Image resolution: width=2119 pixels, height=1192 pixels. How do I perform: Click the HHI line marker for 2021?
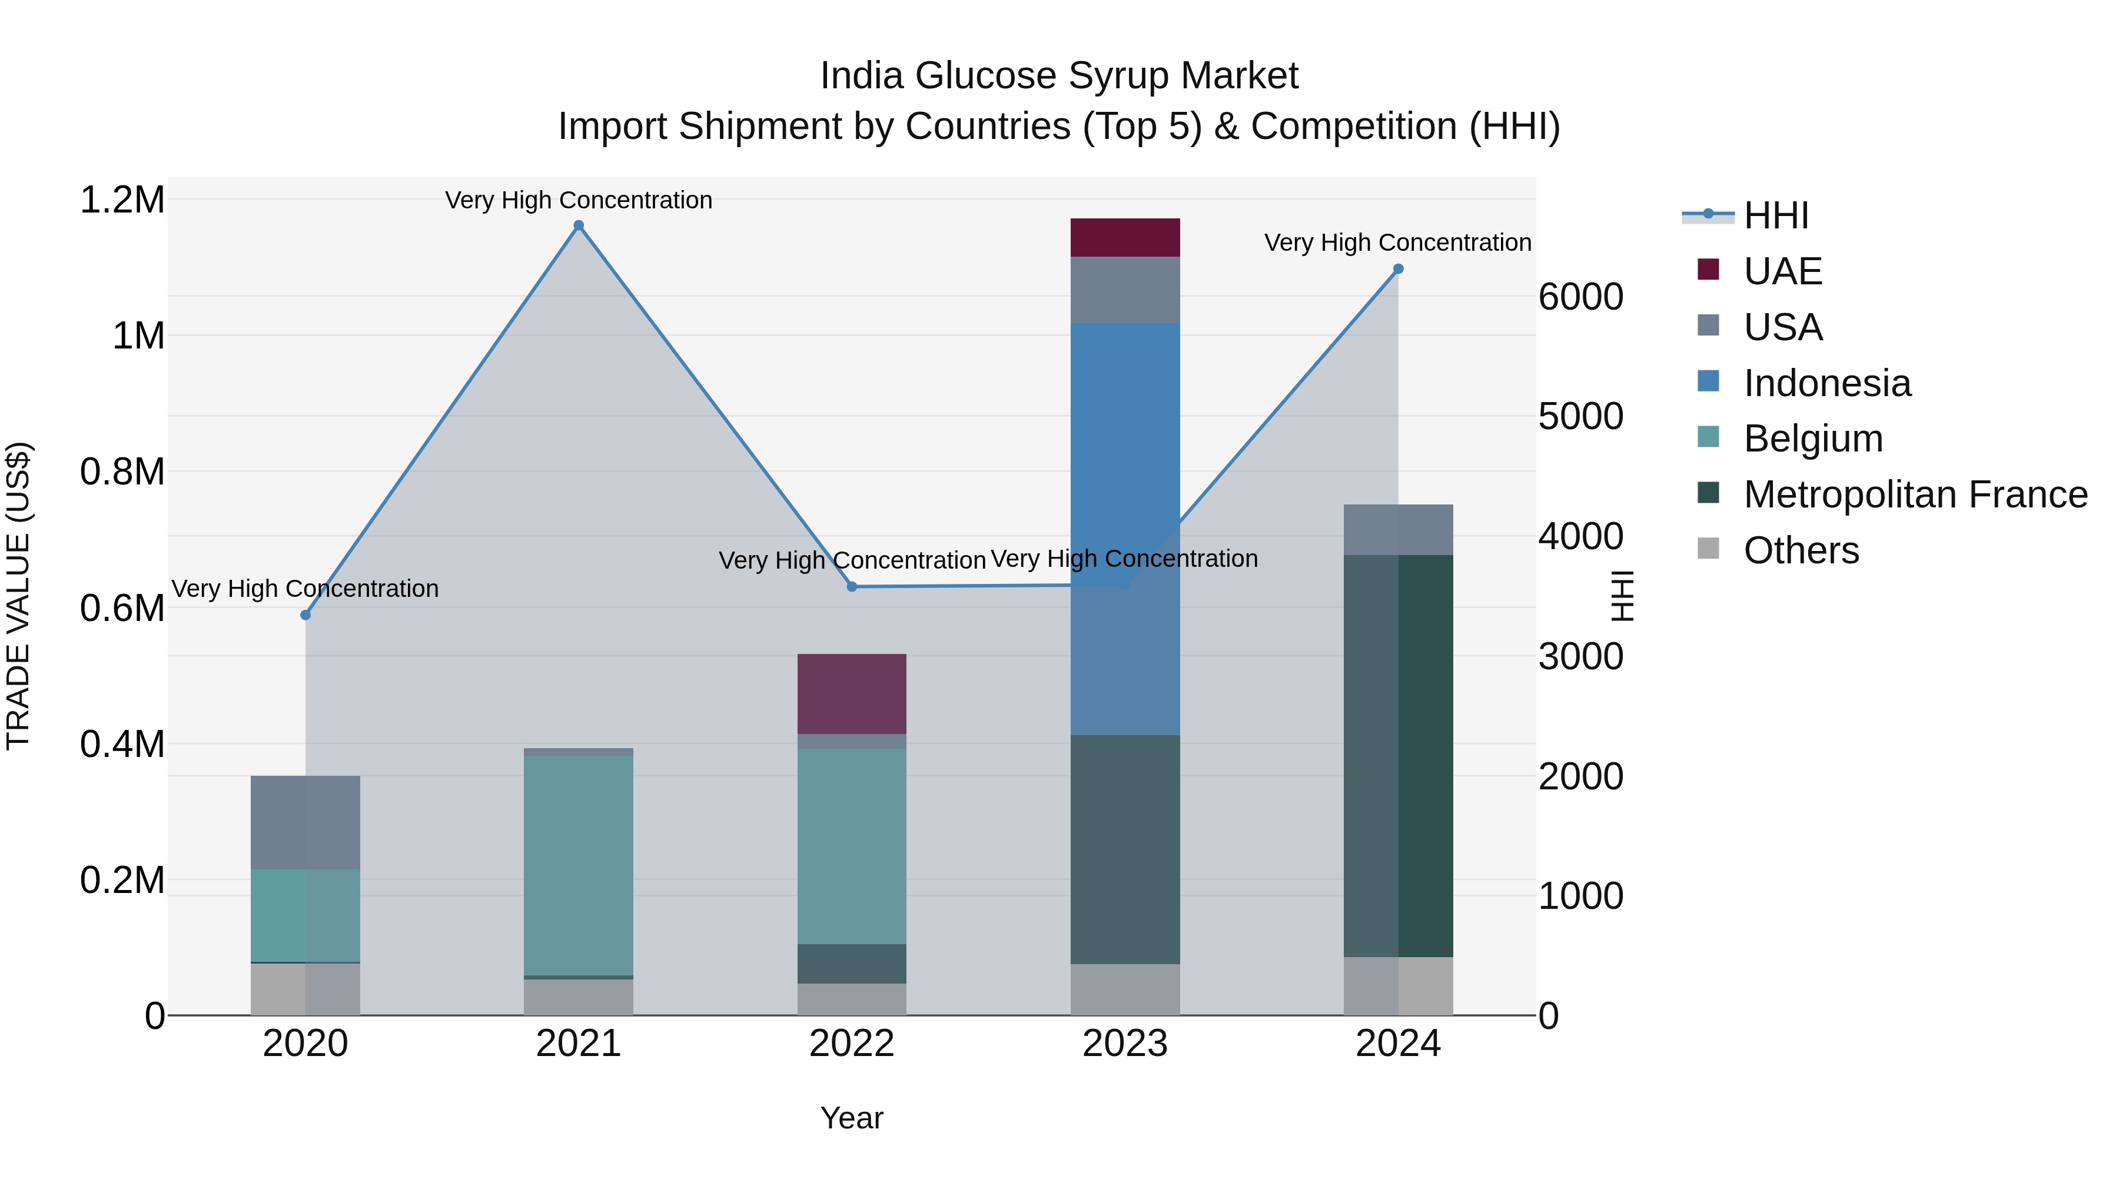point(578,225)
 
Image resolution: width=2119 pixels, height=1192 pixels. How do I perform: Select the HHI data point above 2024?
point(1397,269)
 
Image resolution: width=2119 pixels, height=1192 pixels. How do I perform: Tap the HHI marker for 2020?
point(305,615)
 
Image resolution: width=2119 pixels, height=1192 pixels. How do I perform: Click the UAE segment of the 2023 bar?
point(1124,238)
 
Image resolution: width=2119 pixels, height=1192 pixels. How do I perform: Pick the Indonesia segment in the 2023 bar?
point(1124,526)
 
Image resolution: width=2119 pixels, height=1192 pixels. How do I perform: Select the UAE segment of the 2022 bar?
point(851,693)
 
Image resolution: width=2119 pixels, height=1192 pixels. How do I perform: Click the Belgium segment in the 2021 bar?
point(578,864)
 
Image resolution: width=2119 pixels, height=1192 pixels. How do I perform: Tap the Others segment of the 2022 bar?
point(851,999)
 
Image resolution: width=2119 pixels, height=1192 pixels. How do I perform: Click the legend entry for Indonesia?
point(1826,383)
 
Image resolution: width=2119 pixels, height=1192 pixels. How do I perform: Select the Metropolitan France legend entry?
point(1915,494)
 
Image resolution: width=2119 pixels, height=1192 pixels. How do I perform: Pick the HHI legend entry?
point(1775,215)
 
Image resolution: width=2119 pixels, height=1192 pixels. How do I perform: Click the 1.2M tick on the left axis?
point(122,200)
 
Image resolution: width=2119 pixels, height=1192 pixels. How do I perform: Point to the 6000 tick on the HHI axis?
point(1580,297)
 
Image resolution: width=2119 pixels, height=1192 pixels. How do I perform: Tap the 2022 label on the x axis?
point(851,1044)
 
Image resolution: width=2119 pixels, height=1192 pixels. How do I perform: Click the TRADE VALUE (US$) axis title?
point(19,596)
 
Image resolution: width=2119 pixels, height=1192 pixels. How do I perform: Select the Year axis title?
point(851,1118)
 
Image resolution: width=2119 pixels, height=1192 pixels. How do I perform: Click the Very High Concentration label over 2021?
point(578,200)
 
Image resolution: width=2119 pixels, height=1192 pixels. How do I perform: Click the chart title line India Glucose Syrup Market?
point(1059,76)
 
